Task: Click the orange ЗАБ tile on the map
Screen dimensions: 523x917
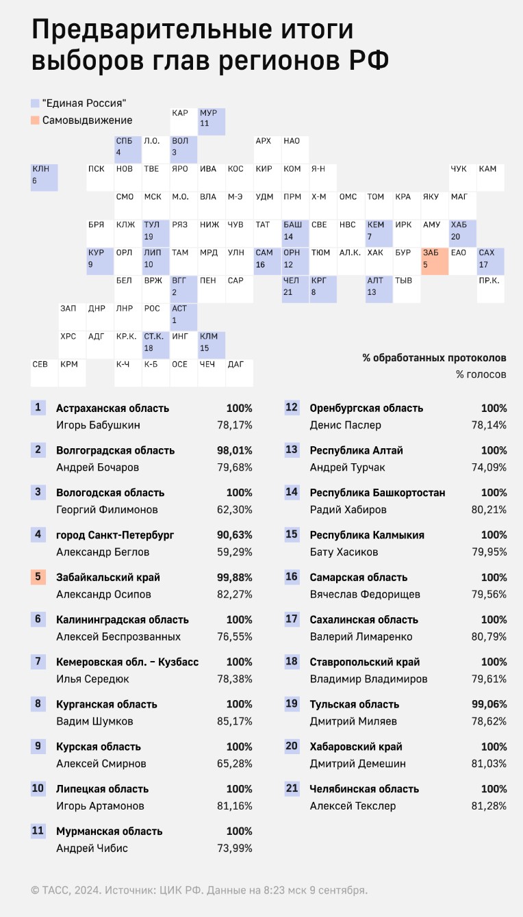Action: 435,261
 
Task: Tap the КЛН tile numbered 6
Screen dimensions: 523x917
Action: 44,178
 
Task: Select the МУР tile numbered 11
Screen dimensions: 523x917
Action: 212,122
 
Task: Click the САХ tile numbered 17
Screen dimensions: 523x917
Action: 491,261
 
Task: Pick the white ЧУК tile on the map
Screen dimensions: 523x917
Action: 463,178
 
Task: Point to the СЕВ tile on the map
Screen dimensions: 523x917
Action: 44,373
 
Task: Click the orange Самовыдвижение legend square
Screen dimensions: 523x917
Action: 35,120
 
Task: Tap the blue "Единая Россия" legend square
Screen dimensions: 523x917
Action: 35,103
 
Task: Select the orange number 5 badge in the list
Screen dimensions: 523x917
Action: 38,577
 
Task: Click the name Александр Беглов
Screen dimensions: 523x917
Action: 103,552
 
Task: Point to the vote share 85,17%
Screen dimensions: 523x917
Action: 235,721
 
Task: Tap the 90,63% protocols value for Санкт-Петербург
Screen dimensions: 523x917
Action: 235,534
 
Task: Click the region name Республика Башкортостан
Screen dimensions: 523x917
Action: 377,493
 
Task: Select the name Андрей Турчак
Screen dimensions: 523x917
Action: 347,467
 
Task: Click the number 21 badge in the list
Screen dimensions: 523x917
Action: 292,788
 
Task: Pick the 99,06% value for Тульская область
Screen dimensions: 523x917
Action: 489,704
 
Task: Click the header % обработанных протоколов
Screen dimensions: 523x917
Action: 434,358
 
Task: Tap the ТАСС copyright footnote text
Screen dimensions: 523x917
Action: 199,890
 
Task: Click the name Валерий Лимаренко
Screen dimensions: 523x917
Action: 361,636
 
